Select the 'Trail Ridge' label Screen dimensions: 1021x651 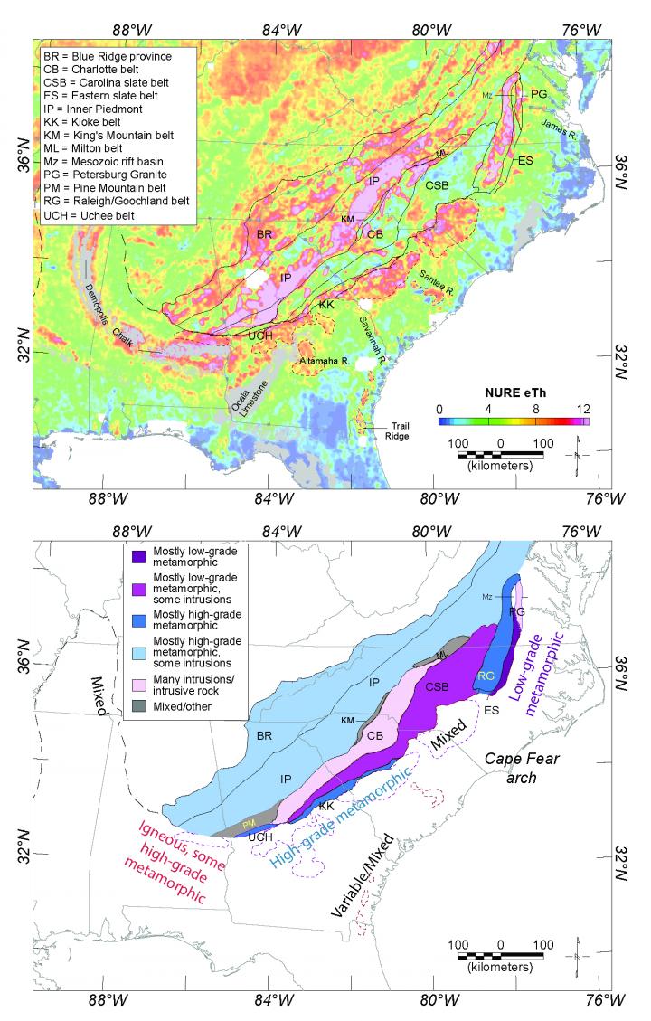click(399, 430)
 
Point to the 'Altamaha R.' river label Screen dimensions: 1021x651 click(324, 360)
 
